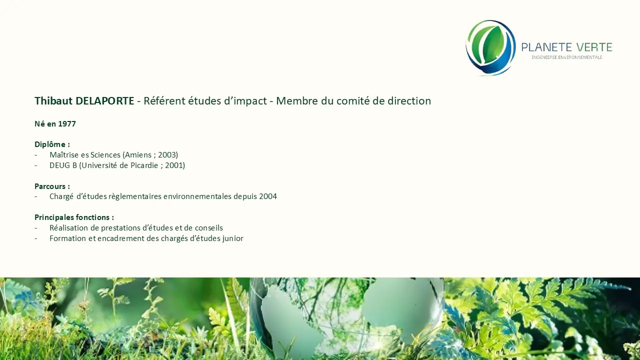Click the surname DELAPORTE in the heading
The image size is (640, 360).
point(105,101)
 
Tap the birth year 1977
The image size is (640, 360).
point(67,124)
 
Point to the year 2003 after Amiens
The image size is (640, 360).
point(168,155)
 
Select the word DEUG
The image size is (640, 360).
point(59,165)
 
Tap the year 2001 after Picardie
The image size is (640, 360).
point(175,165)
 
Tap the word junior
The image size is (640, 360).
point(233,238)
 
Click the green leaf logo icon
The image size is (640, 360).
point(490,47)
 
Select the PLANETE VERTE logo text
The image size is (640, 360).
point(567,47)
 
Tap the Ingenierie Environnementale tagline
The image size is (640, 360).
point(567,57)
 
